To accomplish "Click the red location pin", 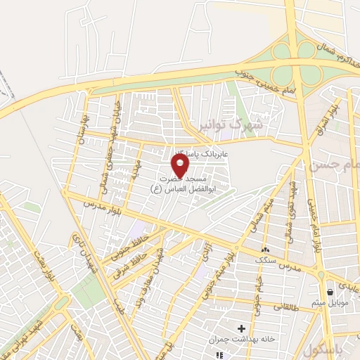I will tap(181, 166).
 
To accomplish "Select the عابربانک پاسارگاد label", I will tap(190, 153).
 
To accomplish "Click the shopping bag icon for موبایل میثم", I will tap(330, 292).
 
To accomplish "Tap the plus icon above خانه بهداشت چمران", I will tap(241, 328).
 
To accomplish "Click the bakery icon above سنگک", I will tap(265, 250).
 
